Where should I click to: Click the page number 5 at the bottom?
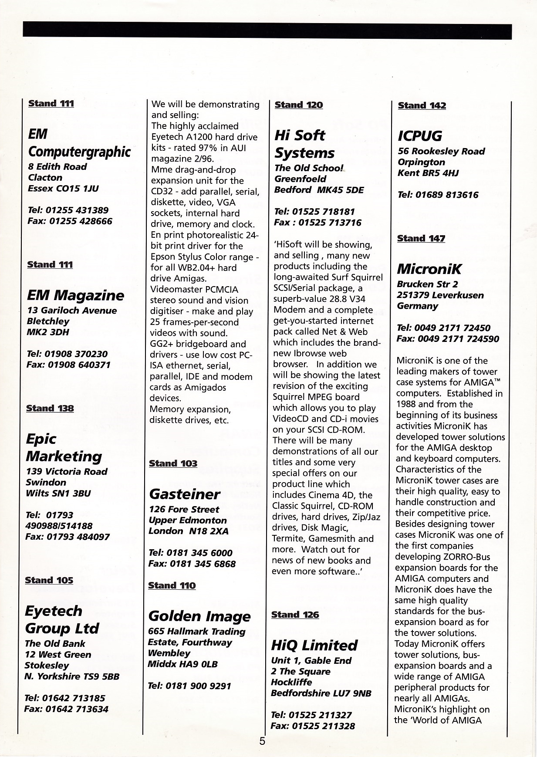click(262, 741)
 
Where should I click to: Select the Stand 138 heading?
click(50, 408)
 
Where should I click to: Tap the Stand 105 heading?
click(49, 580)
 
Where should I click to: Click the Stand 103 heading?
click(173, 463)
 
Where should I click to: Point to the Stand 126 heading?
click(295, 615)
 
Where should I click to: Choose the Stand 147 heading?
click(421, 238)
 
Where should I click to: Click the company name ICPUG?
click(419, 136)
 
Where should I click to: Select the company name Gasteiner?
click(184, 494)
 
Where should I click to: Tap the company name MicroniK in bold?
click(429, 269)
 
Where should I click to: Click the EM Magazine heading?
click(75, 295)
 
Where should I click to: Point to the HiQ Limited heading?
click(314, 645)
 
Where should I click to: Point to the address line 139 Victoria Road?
click(66, 471)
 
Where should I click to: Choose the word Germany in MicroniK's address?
click(417, 306)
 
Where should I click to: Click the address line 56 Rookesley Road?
click(441, 151)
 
